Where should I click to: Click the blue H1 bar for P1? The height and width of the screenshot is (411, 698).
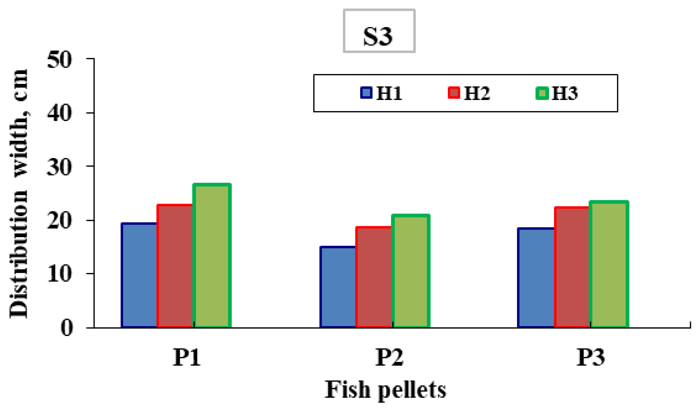[139, 275]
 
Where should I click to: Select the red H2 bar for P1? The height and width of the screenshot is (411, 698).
[175, 266]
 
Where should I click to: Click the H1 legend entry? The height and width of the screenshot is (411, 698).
[382, 93]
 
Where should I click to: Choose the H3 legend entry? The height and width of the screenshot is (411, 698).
[557, 93]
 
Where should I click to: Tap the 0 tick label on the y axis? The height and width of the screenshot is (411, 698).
[66, 328]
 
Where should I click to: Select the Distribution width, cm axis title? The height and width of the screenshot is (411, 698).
[19, 194]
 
